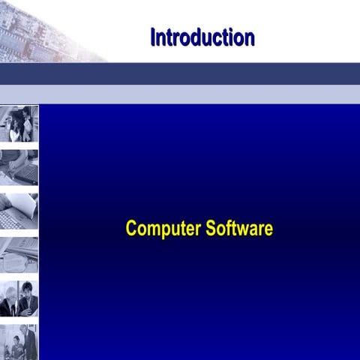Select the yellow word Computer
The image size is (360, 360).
coord(161,229)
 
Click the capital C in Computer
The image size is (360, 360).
coord(131,229)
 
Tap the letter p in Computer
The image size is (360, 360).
coord(161,230)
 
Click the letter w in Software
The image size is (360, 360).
coord(242,229)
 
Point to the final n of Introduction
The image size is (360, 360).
coord(249,37)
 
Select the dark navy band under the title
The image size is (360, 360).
coord(180,73)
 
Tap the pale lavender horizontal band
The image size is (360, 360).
coord(180,94)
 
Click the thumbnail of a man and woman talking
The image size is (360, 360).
coord(19,124)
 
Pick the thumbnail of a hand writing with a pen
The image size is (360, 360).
coord(19,166)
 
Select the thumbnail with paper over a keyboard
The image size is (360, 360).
coord(19,211)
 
